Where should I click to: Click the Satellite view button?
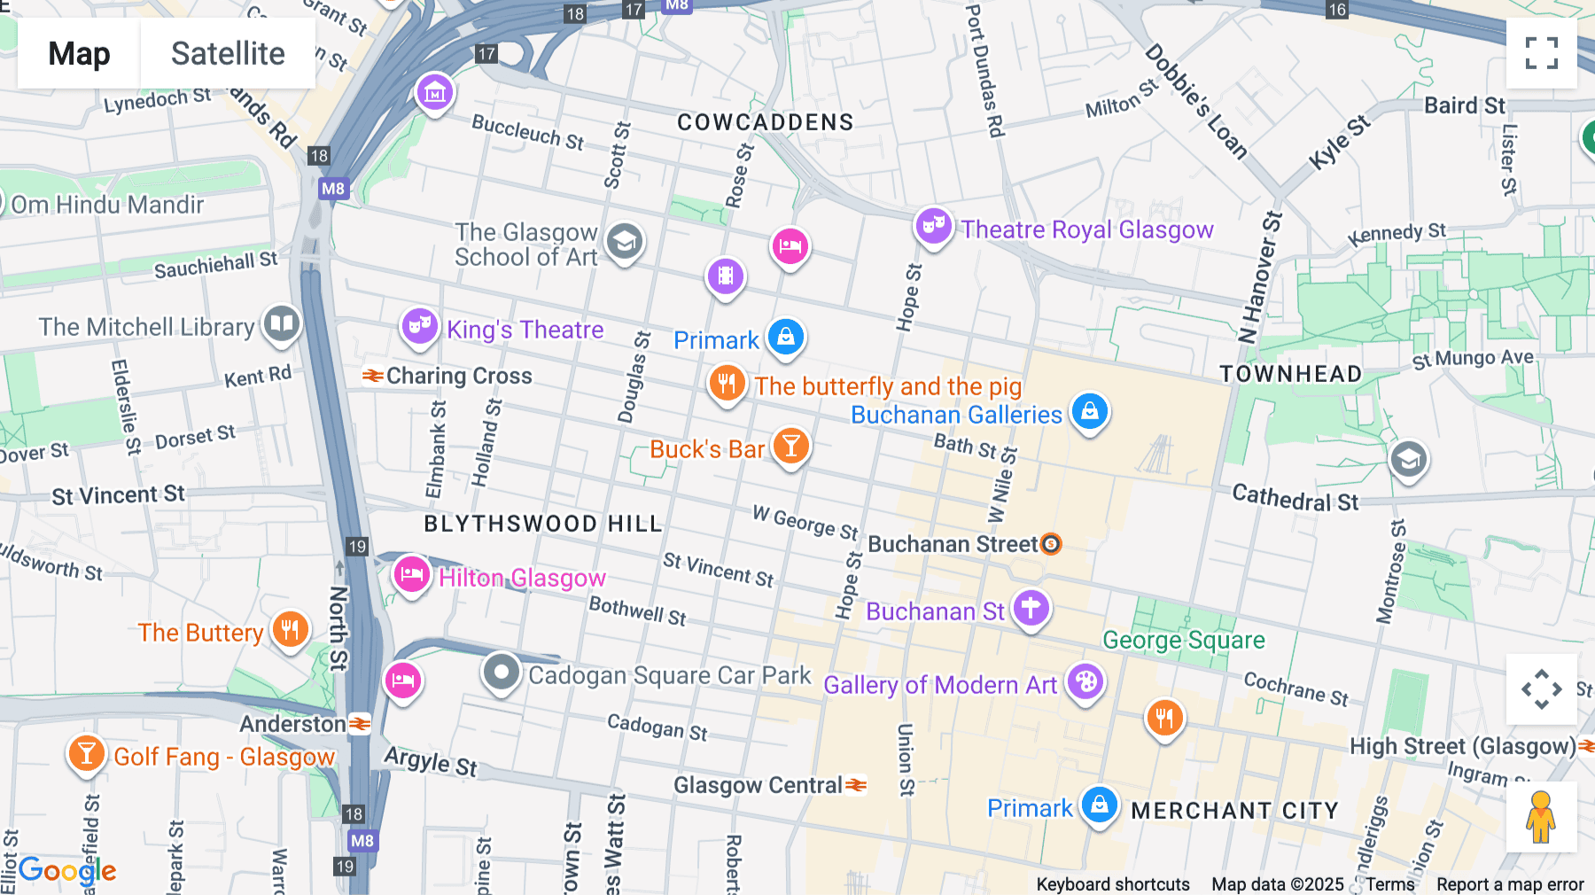click(x=228, y=53)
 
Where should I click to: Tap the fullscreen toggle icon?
click(x=1541, y=53)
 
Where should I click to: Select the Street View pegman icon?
click(x=1541, y=817)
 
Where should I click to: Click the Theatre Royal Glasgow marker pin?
click(x=933, y=227)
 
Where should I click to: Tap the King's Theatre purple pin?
click(x=419, y=327)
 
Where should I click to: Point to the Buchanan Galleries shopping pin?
click(x=1090, y=412)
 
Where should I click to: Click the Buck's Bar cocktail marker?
click(x=790, y=447)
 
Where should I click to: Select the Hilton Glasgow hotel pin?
click(x=411, y=575)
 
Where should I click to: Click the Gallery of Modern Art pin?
click(x=1085, y=682)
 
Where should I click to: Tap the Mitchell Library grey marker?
click(x=282, y=323)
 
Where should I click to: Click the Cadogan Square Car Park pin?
click(x=502, y=673)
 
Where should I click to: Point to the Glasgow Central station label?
click(x=759, y=785)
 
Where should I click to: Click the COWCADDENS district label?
click(x=766, y=122)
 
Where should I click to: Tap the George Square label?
click(x=1183, y=640)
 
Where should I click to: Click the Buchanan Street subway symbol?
click(x=1051, y=543)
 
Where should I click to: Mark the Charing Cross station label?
click(x=458, y=376)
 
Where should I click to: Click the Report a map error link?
click(x=1510, y=884)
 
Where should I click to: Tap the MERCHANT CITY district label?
click(x=1234, y=811)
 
